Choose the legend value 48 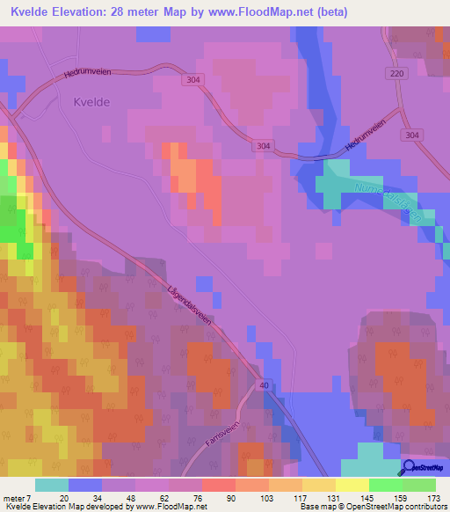tap(118, 497)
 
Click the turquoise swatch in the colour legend tap(52, 485)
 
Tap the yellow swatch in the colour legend tap(352, 485)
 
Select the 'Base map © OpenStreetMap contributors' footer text tap(373, 507)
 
